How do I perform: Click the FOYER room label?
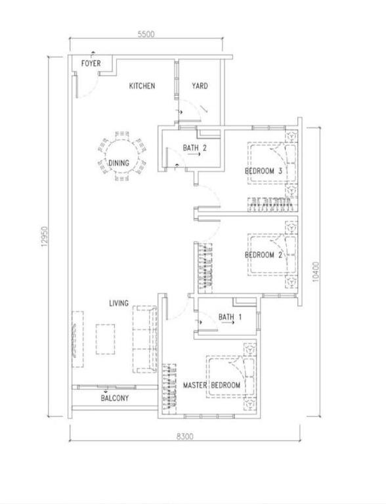tap(91, 63)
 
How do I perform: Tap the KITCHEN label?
tap(142, 86)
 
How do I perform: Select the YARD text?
tap(200, 86)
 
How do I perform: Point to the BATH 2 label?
tap(194, 148)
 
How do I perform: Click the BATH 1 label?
tap(230, 317)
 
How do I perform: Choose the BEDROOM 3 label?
tap(263, 171)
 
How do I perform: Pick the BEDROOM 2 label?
tap(263, 255)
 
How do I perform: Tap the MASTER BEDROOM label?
tap(211, 385)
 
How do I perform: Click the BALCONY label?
tap(115, 398)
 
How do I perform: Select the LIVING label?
tap(119, 303)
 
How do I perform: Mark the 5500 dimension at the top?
tap(146, 34)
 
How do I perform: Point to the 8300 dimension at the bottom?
tap(185, 436)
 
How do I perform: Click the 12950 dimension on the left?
tap(44, 237)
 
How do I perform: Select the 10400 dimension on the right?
tap(316, 272)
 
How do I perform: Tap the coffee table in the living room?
tap(105, 339)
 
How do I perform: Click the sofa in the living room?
tap(144, 339)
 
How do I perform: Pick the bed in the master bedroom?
tap(231, 377)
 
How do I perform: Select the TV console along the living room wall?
tap(77, 339)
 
